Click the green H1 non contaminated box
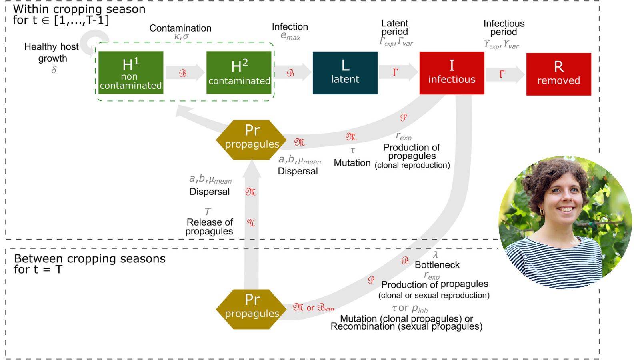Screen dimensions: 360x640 (x=131, y=73)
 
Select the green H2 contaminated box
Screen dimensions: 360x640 (x=239, y=73)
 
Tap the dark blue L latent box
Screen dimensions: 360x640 (x=345, y=73)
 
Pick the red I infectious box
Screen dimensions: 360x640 (x=452, y=73)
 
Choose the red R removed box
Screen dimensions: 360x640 (x=558, y=74)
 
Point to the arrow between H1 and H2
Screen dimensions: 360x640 (x=184, y=73)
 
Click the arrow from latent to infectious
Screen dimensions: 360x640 (x=398, y=72)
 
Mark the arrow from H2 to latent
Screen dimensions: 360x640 (x=292, y=73)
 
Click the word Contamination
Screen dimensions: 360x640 (x=180, y=28)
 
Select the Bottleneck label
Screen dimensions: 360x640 (x=437, y=265)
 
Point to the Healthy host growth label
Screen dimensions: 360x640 (x=52, y=52)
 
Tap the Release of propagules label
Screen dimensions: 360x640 (x=210, y=227)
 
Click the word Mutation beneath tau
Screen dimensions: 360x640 (x=352, y=163)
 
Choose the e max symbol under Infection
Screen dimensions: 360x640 (x=290, y=36)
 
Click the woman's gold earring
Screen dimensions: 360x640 (x=542, y=212)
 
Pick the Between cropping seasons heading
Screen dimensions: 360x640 (x=90, y=264)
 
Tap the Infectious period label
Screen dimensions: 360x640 (x=504, y=28)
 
